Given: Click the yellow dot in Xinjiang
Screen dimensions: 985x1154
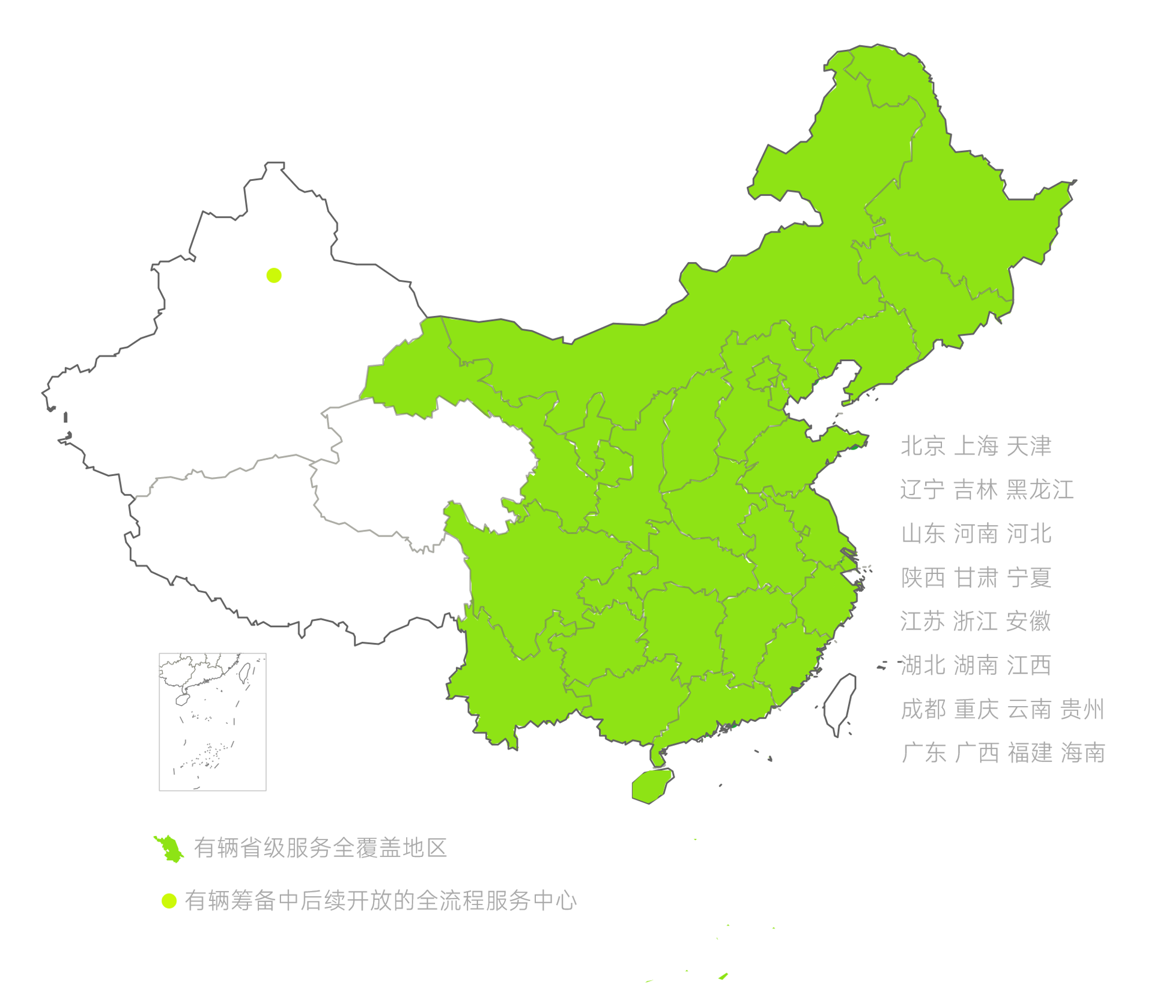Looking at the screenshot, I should point(274,275).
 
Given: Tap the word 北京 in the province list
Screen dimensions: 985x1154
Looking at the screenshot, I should point(922,447).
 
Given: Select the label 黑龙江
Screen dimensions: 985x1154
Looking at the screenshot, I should point(1040,490).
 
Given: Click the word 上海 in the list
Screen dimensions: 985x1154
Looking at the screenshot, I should point(976,447).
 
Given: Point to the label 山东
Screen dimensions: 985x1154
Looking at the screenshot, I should point(923,534).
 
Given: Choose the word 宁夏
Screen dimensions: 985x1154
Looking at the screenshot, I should point(1029,578).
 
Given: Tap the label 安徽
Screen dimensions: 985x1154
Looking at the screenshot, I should point(1029,621).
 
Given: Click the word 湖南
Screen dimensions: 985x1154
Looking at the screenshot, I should point(976,665).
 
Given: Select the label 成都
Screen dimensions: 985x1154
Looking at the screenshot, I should point(923,709).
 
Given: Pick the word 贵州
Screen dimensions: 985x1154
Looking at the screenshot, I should point(1082,709).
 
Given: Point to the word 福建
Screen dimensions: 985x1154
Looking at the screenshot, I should point(1030,753).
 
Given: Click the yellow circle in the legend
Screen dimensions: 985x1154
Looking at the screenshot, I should point(169,901).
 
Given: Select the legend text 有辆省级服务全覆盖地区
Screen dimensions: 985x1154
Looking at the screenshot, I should point(320,848).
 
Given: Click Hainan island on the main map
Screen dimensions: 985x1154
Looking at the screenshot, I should point(651,785).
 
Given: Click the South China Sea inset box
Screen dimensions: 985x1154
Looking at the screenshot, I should point(213,722).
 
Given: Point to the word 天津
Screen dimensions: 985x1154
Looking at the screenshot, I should point(1029,447).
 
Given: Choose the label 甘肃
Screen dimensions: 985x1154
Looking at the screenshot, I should point(976,578).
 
